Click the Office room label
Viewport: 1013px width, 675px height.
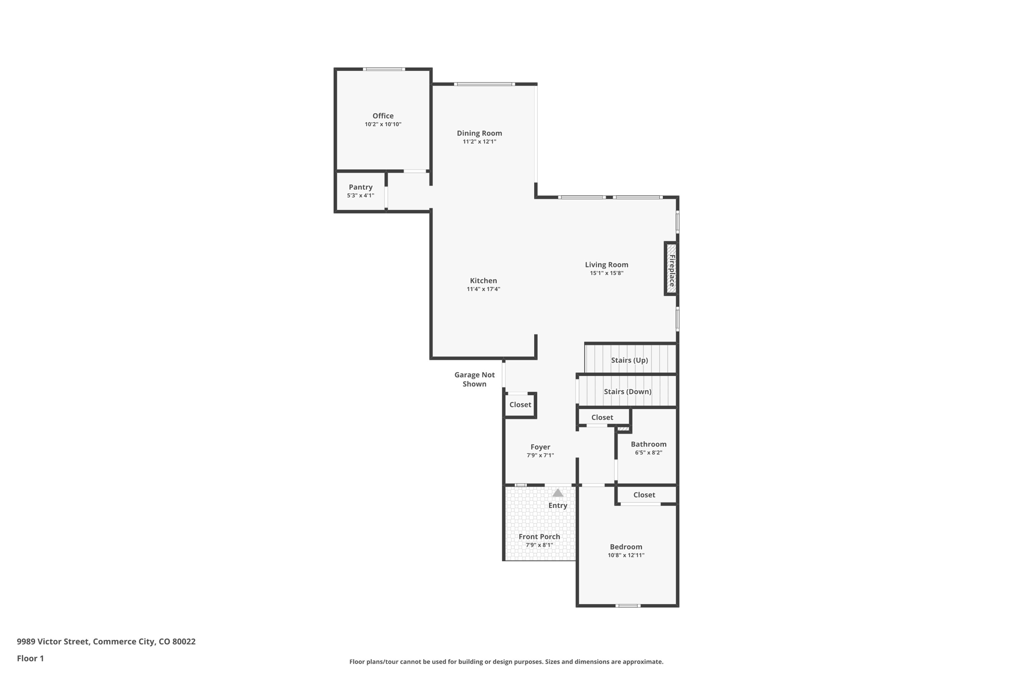pos(383,116)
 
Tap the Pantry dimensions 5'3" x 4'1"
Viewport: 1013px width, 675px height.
pos(360,196)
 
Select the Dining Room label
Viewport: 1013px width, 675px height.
pos(479,133)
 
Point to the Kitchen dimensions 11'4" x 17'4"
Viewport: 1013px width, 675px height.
pos(483,289)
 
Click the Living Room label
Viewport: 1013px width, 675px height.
pos(606,265)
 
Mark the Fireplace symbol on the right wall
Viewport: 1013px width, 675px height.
pos(671,269)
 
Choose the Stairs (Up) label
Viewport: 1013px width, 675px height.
pos(629,360)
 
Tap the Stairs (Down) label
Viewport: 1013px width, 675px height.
pos(627,392)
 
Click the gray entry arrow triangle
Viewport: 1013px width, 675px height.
pos(557,493)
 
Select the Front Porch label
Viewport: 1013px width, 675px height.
pos(539,537)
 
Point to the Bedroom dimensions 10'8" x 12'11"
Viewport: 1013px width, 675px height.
pos(626,555)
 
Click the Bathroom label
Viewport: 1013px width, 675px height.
pos(648,444)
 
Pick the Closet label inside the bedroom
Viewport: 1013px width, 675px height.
pos(644,495)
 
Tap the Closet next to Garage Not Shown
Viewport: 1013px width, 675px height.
pos(520,405)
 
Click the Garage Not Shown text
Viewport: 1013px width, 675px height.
pos(474,379)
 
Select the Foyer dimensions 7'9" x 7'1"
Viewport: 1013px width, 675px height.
pos(540,455)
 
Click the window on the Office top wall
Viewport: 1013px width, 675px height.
pos(384,69)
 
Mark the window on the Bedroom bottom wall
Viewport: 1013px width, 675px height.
pos(628,606)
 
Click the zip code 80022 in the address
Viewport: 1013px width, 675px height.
pos(184,641)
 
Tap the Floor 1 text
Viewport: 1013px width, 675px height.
pos(30,658)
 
